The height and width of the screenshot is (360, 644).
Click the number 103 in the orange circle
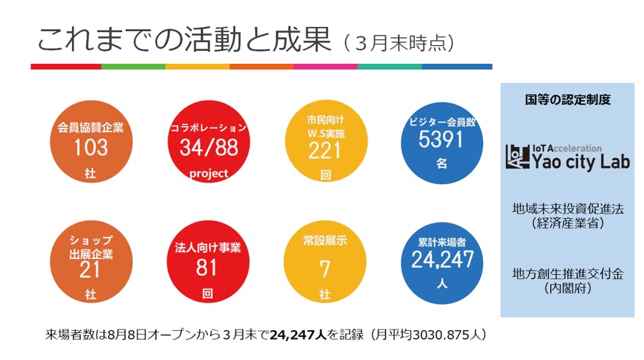90,148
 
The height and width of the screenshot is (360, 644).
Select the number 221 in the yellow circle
325,150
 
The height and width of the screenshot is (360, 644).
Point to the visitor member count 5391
441,140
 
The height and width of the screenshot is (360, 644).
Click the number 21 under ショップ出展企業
90,270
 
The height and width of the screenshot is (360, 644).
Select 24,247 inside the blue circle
442,260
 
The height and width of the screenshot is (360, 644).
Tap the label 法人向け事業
208,249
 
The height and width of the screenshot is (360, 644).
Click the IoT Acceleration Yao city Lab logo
568,155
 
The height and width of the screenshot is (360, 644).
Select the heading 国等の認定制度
568,100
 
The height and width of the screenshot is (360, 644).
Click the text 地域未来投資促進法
568,208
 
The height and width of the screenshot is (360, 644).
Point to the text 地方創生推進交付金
568,273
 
